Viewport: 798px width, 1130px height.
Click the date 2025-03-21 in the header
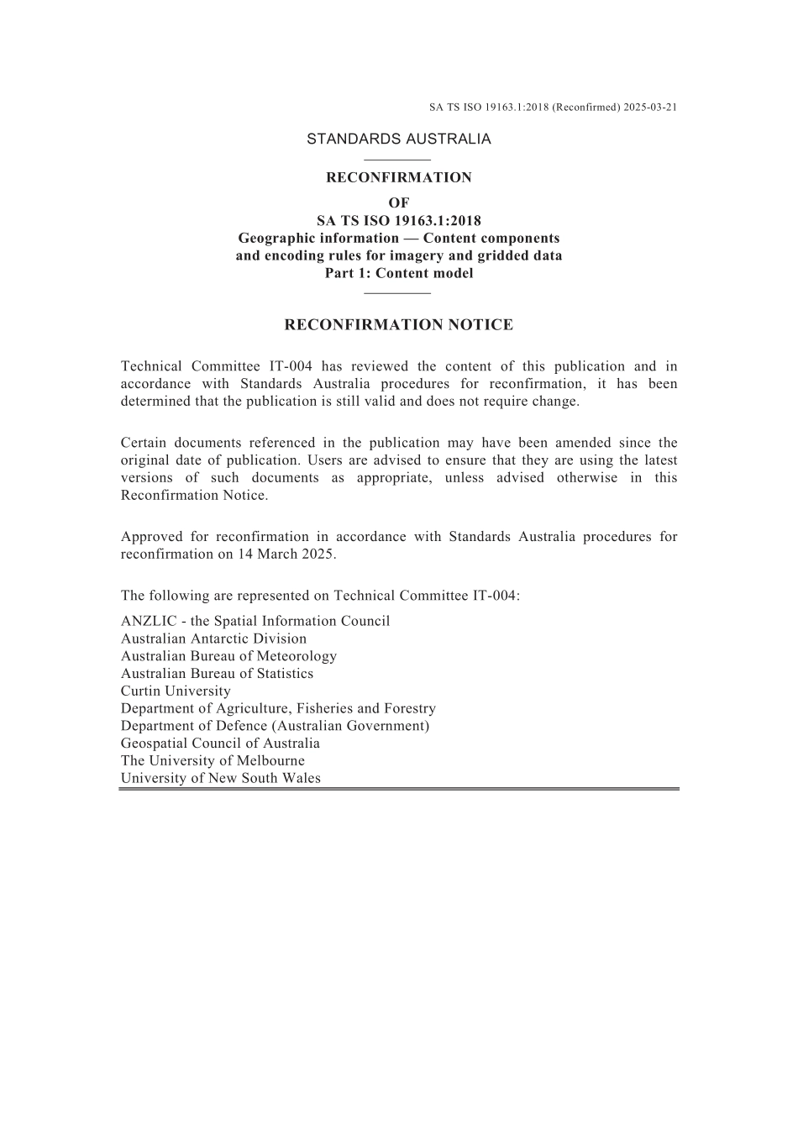651,108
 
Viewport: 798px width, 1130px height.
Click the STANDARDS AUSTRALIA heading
398,139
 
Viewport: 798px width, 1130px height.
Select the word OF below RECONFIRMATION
399,202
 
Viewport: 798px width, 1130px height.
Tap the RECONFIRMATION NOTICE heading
398,325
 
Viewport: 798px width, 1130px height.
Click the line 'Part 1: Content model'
399,273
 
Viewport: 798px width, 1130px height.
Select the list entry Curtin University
176,691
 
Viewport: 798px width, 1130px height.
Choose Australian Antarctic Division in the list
213,639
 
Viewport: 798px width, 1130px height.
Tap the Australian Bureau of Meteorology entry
228,656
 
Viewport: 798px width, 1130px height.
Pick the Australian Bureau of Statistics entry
217,674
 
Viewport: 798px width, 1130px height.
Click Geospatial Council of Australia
220,744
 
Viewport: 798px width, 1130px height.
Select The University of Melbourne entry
213,761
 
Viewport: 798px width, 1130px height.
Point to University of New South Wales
220,779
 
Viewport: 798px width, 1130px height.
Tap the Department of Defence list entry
275,726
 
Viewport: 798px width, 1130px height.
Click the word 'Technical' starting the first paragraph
151,366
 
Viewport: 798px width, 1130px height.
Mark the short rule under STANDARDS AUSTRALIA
398,160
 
